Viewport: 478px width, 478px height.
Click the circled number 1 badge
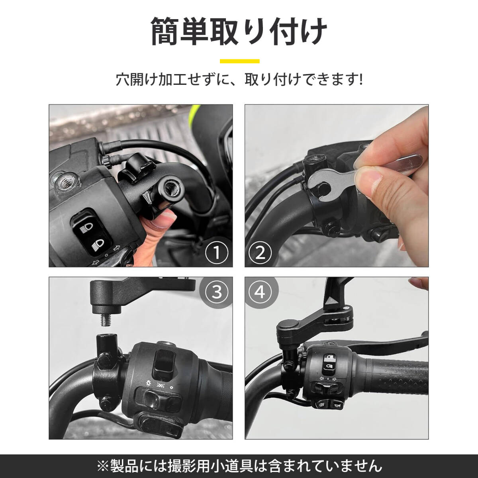coord(217,253)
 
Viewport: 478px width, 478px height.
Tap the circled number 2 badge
coord(260,253)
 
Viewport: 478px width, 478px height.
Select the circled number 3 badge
coord(217,292)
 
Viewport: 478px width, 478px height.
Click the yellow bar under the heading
coord(240,61)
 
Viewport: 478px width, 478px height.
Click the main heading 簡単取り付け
coord(239,32)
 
